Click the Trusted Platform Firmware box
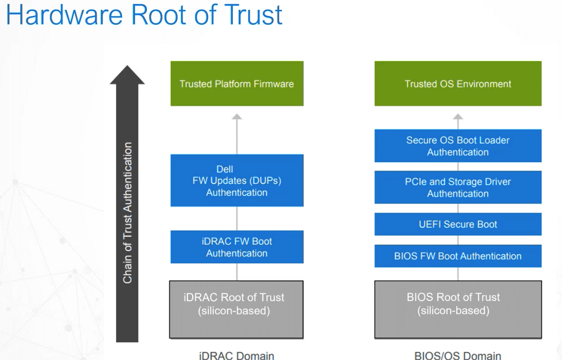(x=237, y=84)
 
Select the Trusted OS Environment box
(x=458, y=84)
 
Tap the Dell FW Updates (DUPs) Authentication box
(x=237, y=180)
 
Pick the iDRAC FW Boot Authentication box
(x=237, y=247)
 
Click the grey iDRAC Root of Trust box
(x=236, y=310)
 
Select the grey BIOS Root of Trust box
(x=458, y=310)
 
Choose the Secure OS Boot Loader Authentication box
(x=458, y=146)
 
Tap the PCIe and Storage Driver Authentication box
(x=458, y=187)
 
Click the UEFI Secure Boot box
(x=458, y=224)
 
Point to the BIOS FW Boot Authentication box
(x=458, y=256)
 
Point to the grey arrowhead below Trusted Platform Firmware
(x=237, y=117)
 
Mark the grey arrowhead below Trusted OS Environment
(x=458, y=117)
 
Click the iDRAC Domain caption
(x=236, y=355)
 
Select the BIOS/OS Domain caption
(x=458, y=355)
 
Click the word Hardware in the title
(x=64, y=15)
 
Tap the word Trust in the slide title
(x=253, y=15)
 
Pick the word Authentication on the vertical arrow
(x=127, y=177)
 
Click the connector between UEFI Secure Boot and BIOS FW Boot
(x=458, y=240)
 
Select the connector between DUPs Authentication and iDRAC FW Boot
(x=237, y=219)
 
